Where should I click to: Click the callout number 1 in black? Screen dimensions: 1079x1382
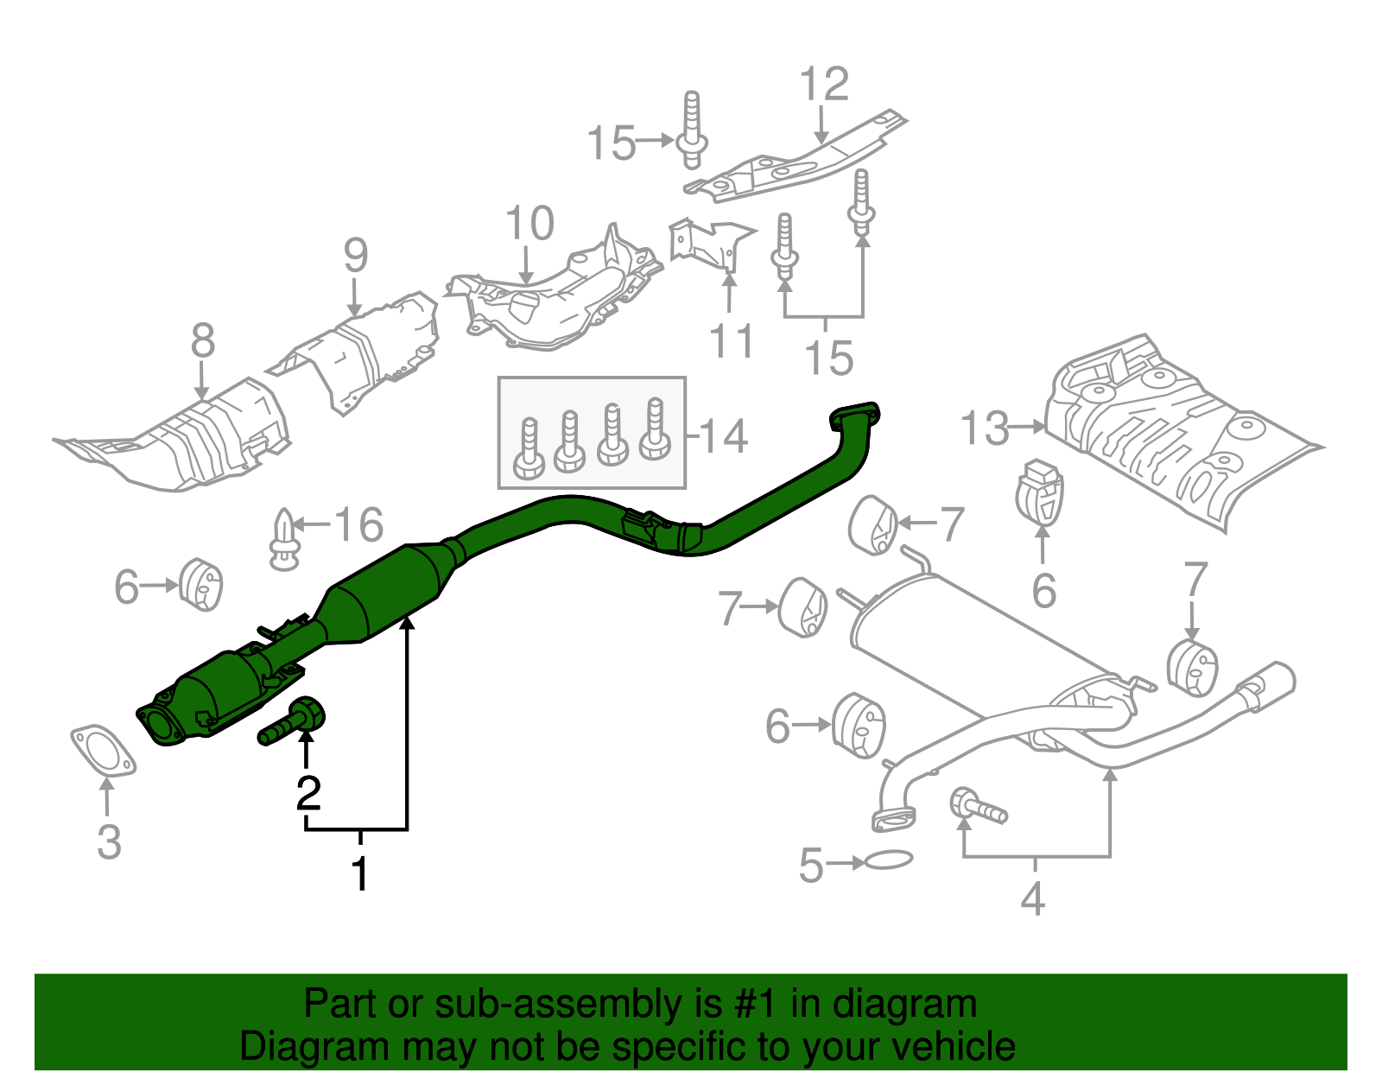coord(360,874)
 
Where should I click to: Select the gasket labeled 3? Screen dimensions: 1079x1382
coord(103,749)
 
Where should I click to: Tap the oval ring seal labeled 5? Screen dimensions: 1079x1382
coord(887,860)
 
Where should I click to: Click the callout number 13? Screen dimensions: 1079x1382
coord(984,428)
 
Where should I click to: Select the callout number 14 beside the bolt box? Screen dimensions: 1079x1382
coord(722,435)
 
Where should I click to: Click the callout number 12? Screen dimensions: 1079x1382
coord(824,85)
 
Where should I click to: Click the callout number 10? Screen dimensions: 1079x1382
coord(529,225)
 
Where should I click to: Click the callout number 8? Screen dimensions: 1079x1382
coord(202,340)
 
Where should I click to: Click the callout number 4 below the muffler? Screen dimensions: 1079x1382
coord(1032,898)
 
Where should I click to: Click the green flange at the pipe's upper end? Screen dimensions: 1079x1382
coord(853,416)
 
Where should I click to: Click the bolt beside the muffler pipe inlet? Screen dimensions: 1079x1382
coord(978,807)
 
